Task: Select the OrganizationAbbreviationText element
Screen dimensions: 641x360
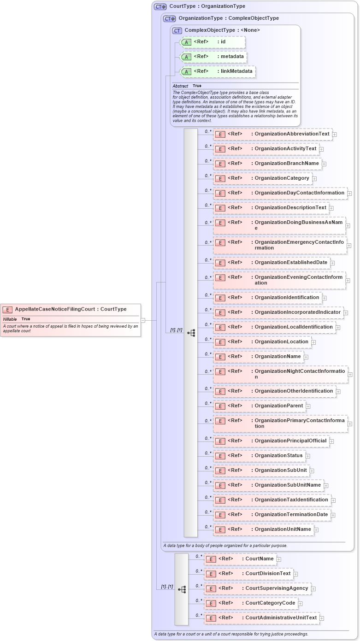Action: click(x=272, y=134)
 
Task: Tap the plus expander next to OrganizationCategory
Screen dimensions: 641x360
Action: click(x=314, y=178)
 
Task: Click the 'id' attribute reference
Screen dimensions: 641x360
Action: click(x=212, y=42)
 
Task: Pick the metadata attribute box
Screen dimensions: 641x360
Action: click(x=213, y=57)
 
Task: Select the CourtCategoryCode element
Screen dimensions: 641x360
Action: click(x=251, y=603)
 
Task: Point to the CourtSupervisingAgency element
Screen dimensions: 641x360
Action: click(x=257, y=588)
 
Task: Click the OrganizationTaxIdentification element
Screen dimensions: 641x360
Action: click(x=272, y=500)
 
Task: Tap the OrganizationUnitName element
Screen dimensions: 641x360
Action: click(x=263, y=529)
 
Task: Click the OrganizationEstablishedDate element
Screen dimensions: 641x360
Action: click(x=271, y=263)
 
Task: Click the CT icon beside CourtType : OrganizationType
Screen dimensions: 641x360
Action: click(x=160, y=7)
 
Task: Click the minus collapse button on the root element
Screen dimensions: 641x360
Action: click(x=143, y=320)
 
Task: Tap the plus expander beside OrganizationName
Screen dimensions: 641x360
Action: click(x=306, y=357)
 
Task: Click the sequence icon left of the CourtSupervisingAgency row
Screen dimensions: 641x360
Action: click(x=182, y=589)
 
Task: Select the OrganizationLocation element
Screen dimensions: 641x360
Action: click(x=262, y=342)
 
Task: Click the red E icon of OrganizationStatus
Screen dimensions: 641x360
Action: click(x=220, y=456)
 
